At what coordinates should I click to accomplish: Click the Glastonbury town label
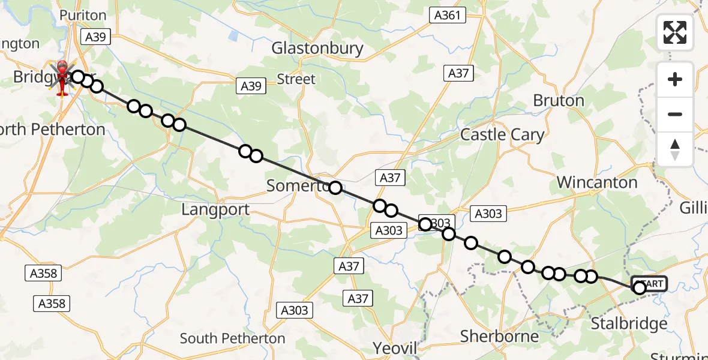point(317,49)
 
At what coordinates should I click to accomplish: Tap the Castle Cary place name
point(502,134)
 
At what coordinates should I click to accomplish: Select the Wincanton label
point(596,182)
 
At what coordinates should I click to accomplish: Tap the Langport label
point(215,209)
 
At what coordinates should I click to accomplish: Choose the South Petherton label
point(232,338)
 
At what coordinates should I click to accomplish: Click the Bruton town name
point(558,100)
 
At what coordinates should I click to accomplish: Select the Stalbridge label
point(628,324)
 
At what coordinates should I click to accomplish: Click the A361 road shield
point(448,15)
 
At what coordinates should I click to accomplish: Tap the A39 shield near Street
point(251,86)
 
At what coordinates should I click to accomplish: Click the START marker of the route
point(649,284)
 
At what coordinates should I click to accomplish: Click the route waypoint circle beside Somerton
point(335,188)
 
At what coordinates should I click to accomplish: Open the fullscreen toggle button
point(675,32)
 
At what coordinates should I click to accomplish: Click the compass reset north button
point(675,149)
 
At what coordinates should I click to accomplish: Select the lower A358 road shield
point(52,303)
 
